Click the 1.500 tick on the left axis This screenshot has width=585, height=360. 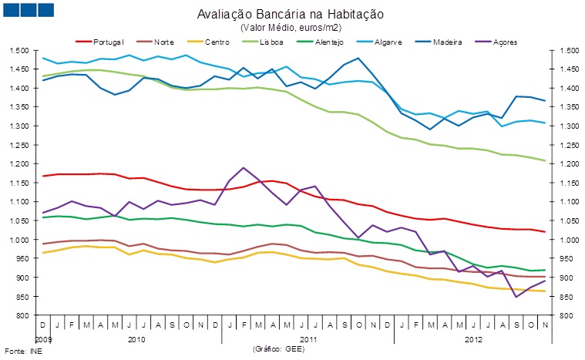point(19,50)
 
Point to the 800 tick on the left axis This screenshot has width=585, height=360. point(23,315)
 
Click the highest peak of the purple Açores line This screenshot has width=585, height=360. point(244,167)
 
